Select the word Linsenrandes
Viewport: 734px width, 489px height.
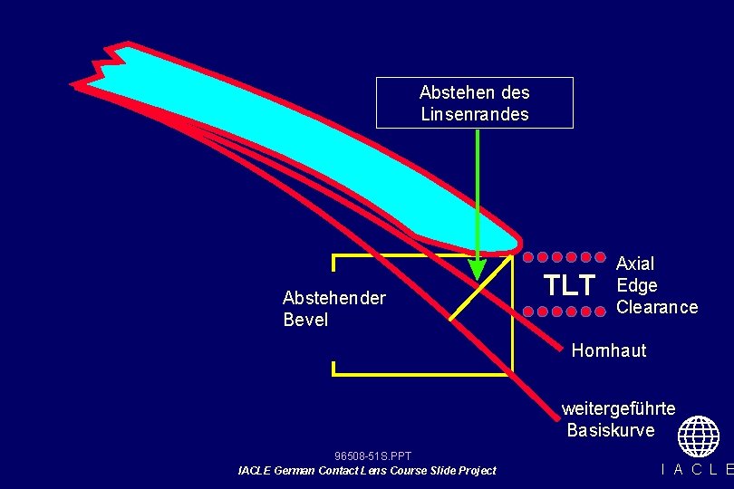[474, 114]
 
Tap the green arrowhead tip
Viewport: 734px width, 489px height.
[477, 275]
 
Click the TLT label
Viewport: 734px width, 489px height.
[569, 285]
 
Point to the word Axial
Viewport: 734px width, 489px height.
[634, 264]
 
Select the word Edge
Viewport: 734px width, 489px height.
[636, 285]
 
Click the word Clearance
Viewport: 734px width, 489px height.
[657, 307]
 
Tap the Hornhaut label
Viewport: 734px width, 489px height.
[609, 350]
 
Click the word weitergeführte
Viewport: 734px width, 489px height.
[618, 408]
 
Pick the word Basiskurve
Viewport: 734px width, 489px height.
[611, 430]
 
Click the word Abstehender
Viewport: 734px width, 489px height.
[333, 298]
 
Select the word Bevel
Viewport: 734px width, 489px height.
[305, 320]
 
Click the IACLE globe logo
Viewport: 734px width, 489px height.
[698, 436]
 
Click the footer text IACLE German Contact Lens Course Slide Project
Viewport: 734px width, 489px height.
[367, 470]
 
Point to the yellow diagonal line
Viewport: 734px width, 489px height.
[480, 288]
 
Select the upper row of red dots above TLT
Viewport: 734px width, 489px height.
[567, 256]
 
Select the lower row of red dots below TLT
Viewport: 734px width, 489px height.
[567, 312]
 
